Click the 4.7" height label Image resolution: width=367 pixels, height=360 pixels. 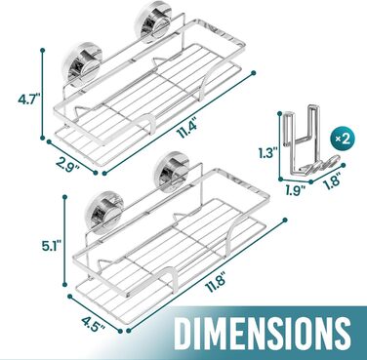28,100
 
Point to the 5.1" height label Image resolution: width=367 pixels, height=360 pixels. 50,246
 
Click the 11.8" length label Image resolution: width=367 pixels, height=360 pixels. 216,284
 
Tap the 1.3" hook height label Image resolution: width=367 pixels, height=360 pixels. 267,152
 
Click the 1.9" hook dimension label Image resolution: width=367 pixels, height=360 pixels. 295,190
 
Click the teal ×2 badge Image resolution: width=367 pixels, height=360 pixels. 342,140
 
